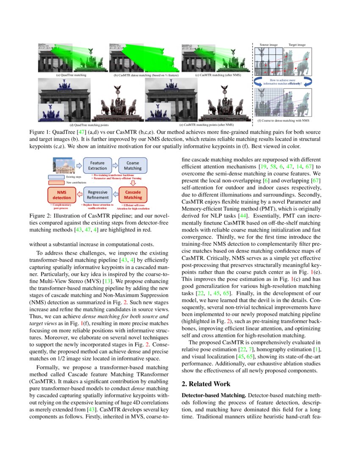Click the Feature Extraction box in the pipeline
point(97,165)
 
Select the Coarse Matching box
point(133,165)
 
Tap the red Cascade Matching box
point(133,194)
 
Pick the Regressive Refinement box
point(97,194)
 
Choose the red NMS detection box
point(62,194)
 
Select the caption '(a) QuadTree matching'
point(71,75)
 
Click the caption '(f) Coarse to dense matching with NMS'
point(283,121)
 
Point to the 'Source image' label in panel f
point(269,44)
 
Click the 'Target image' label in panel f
point(298,44)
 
